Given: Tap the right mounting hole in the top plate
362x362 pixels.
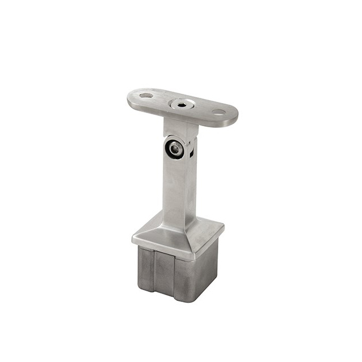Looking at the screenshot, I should [218, 112].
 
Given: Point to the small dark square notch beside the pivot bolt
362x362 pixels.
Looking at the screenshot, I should [192, 152].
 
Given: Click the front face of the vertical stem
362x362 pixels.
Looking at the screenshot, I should [174, 187].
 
